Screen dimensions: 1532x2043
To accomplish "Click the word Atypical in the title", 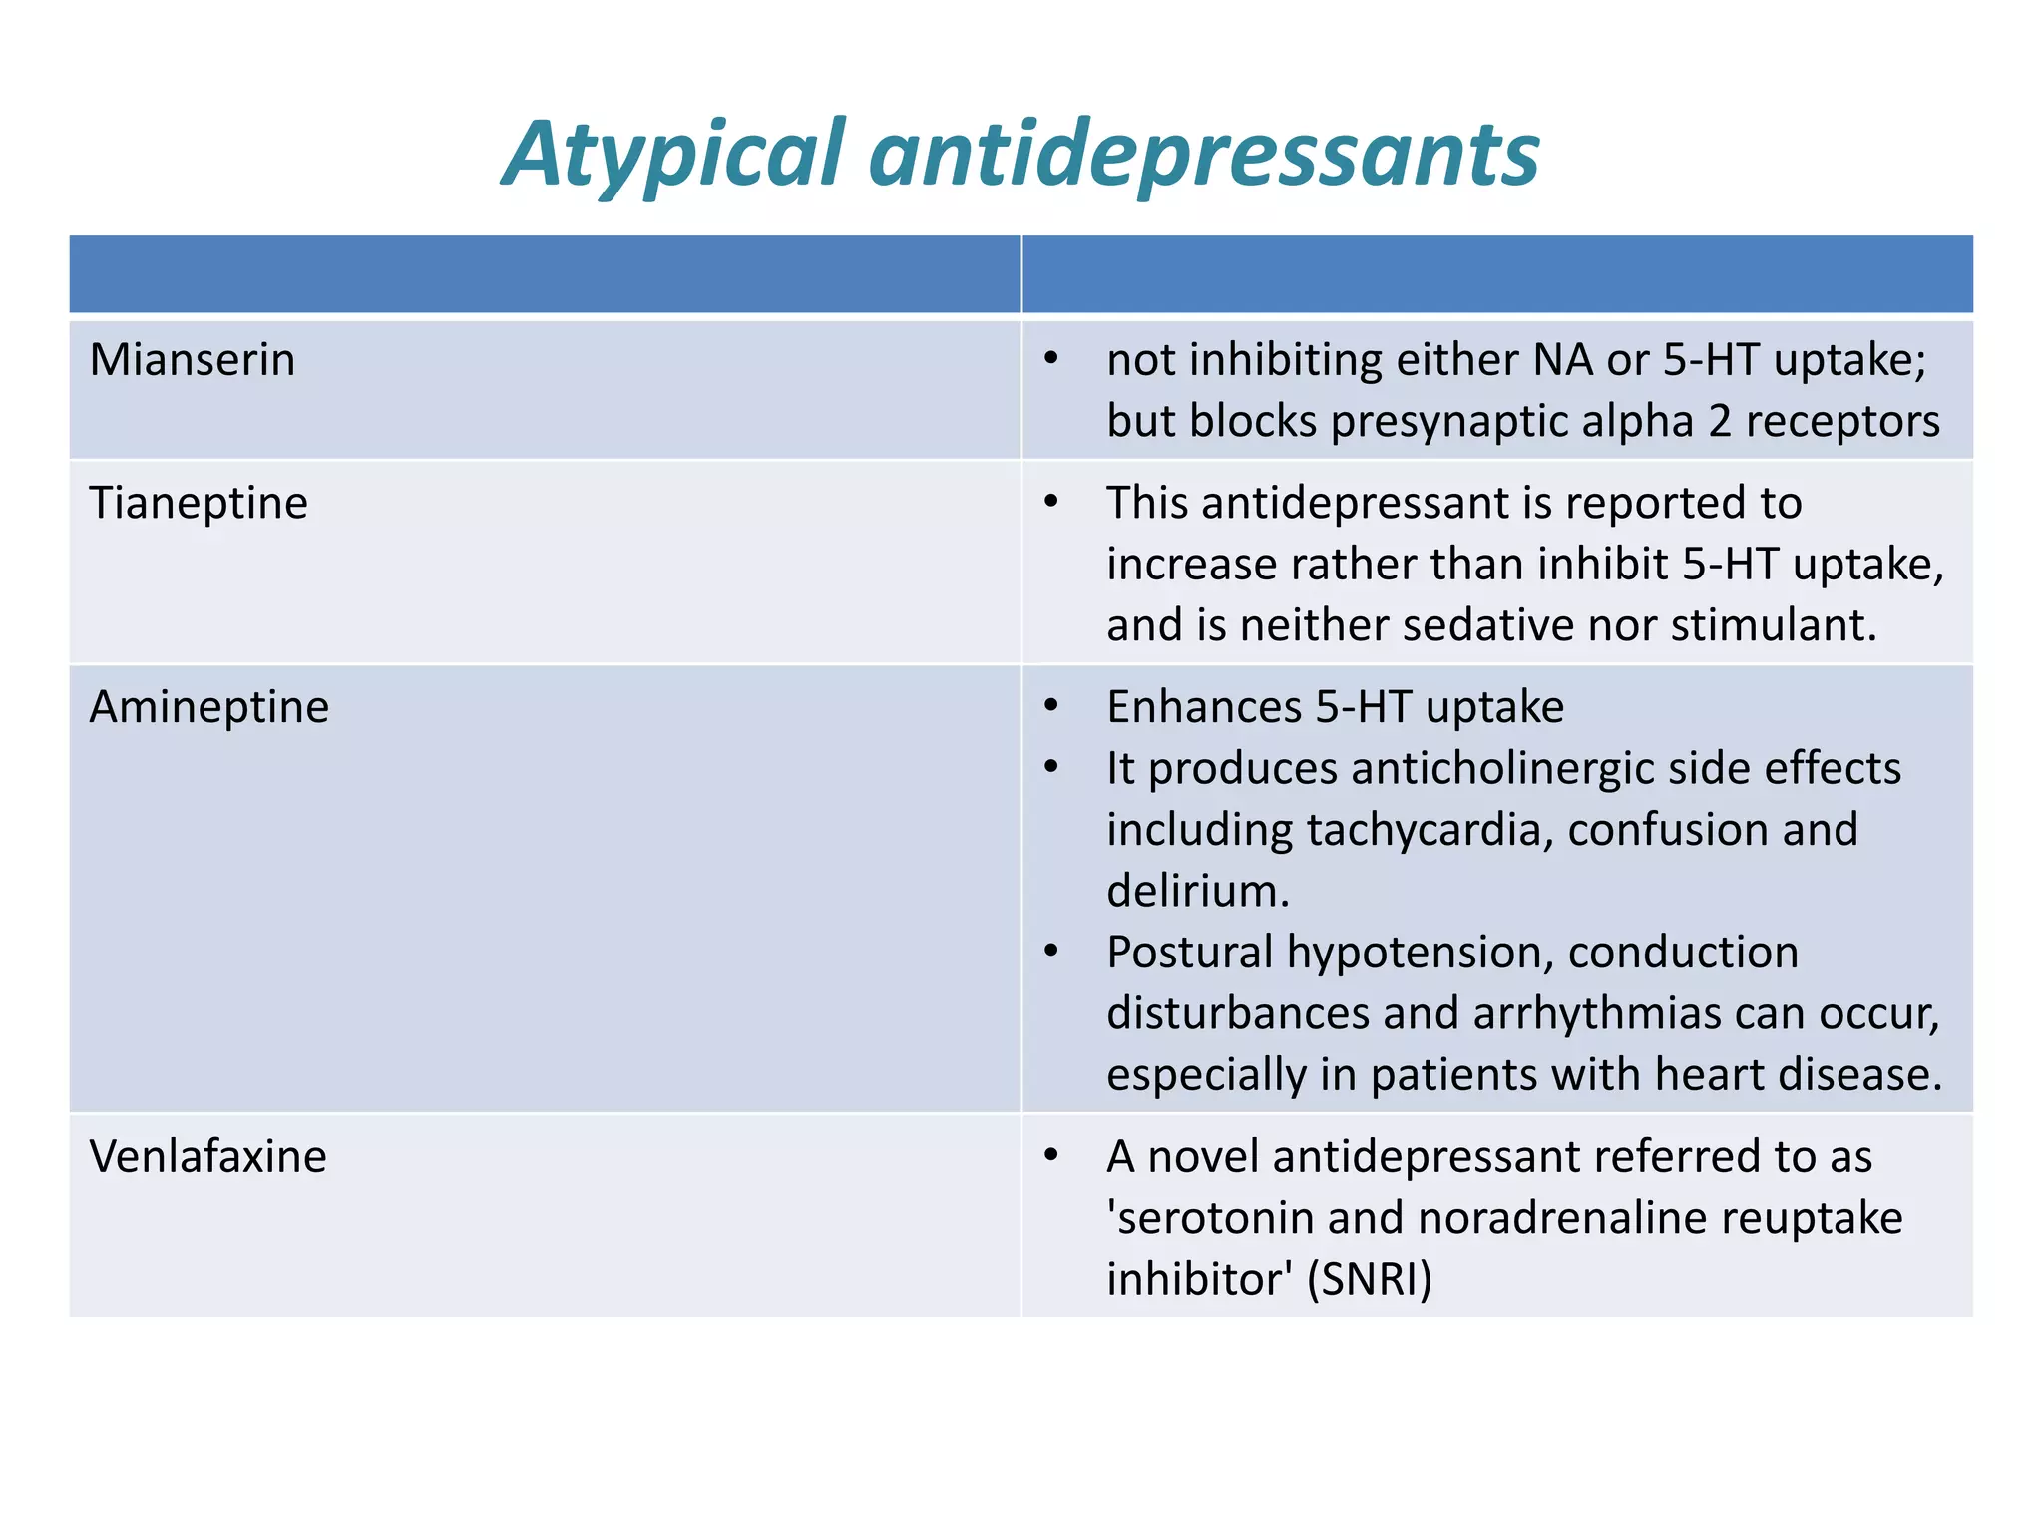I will coord(674,155).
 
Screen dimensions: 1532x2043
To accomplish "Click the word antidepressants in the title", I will coord(1204,155).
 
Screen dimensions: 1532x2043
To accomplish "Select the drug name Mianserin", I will coord(192,360).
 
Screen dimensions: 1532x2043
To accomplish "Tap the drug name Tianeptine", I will coord(199,503).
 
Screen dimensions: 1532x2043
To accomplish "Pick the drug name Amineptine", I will coord(208,707).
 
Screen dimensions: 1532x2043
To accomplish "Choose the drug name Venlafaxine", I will coord(207,1157).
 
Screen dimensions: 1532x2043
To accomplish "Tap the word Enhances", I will coord(1204,707).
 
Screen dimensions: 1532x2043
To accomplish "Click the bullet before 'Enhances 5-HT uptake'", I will coord(1050,706).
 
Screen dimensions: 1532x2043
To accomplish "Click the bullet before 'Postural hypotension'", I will coord(1050,952).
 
